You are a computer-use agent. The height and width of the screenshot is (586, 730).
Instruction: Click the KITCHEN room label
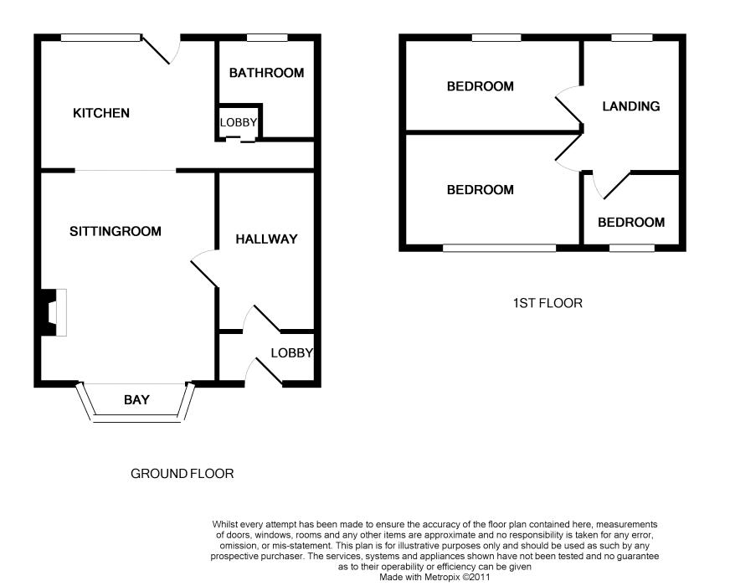pyautogui.click(x=101, y=113)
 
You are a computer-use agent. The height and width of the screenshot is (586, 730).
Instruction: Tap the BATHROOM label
pyautogui.click(x=266, y=73)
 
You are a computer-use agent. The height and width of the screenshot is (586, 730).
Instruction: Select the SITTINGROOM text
pyautogui.click(x=116, y=231)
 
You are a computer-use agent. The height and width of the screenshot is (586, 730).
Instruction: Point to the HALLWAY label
pyautogui.click(x=266, y=239)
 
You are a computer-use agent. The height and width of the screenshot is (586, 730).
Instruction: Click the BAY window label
pyautogui.click(x=136, y=399)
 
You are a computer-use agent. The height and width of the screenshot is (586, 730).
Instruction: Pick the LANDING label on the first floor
pyautogui.click(x=631, y=106)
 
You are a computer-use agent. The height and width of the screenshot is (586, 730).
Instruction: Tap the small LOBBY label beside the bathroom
pyautogui.click(x=239, y=123)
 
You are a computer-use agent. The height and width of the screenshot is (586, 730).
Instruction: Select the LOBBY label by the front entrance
pyautogui.click(x=291, y=352)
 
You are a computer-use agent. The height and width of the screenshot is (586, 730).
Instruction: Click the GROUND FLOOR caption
pyautogui.click(x=182, y=474)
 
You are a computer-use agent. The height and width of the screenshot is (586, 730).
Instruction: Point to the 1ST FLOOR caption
pyautogui.click(x=547, y=303)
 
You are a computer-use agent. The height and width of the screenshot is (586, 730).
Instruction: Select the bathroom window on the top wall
pyautogui.click(x=266, y=37)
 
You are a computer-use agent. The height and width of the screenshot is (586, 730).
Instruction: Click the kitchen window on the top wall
pyautogui.click(x=100, y=37)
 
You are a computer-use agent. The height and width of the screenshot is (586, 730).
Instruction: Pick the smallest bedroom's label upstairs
pyautogui.click(x=631, y=222)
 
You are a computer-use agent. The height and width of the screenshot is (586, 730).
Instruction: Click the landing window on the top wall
pyautogui.click(x=632, y=37)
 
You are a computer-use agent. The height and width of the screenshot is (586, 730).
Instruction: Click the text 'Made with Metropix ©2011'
pyautogui.click(x=434, y=577)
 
